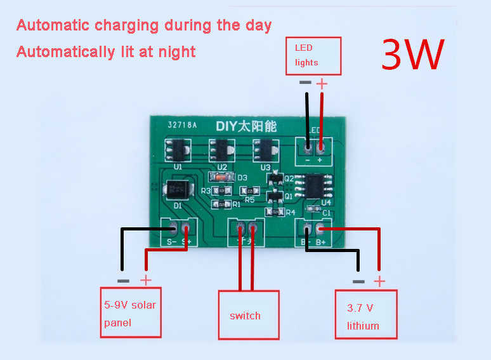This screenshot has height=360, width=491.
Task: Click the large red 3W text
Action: click(x=412, y=55)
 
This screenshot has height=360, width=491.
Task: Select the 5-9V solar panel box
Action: click(x=131, y=313)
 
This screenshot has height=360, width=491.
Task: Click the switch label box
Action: click(x=249, y=315)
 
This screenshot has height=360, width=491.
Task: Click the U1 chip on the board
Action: click(x=178, y=150)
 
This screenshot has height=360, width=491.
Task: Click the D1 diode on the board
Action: click(x=176, y=190)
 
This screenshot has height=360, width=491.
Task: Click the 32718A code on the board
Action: click(x=183, y=126)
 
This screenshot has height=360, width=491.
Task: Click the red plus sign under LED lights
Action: click(x=322, y=83)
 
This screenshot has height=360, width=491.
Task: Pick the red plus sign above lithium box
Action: click(x=379, y=281)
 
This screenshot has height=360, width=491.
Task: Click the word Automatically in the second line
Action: click(x=61, y=51)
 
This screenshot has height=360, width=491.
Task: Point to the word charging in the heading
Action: click(x=128, y=26)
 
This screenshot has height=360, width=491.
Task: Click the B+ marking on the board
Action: click(x=320, y=242)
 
